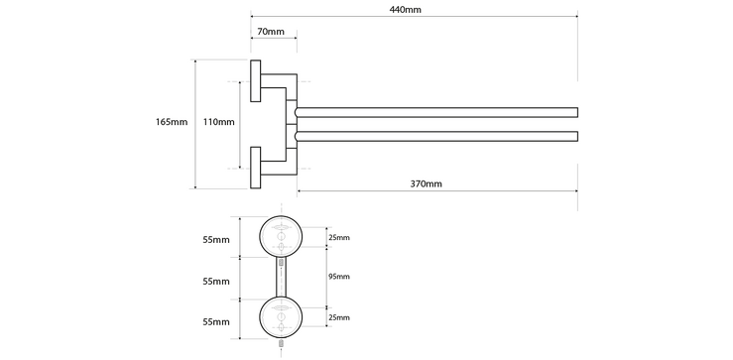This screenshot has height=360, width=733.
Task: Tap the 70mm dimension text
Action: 271,33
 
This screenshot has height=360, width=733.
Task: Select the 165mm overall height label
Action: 172,122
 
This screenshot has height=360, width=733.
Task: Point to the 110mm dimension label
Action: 218,122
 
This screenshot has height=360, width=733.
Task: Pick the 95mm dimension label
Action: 340,277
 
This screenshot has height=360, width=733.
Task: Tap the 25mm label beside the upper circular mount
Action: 340,238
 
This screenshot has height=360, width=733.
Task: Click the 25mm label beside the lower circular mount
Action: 340,317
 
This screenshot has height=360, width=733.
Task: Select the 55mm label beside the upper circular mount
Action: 215,240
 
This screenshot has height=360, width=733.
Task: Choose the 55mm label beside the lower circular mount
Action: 215,322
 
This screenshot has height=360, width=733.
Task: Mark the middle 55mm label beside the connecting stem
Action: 215,282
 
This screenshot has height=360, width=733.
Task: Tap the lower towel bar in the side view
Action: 436,136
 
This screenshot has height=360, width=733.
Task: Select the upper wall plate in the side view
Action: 255,80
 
